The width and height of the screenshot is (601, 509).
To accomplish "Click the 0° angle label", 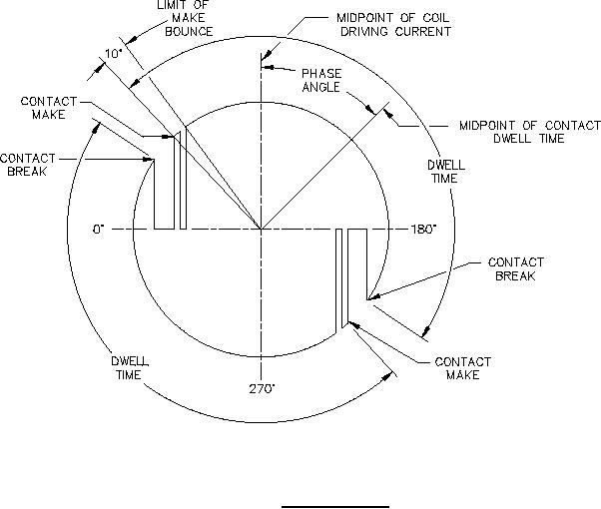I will pos(99,230).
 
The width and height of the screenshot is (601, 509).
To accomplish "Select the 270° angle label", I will pos(262,389).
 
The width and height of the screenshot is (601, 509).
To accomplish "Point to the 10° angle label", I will pos(112,53).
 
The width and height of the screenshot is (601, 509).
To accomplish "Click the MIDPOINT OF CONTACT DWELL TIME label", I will pos(513,132).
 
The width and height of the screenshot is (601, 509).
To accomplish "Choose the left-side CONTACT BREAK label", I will pos(22,164).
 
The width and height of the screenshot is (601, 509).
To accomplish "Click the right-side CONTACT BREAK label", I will pos(516,268).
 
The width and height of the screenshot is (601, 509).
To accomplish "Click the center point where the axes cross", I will pos(262,230).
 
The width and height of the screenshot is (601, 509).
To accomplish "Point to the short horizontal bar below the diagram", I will pos(333,506).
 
